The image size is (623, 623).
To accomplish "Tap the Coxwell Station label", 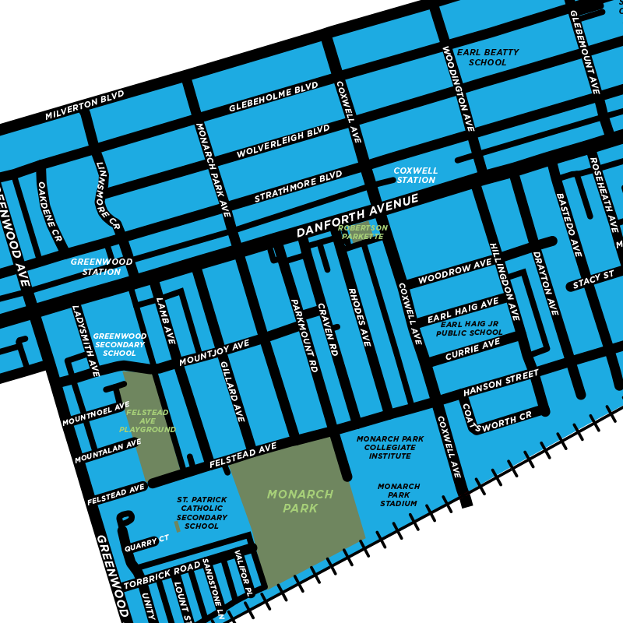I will coord(416,175).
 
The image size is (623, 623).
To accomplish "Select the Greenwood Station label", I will coord(101,267).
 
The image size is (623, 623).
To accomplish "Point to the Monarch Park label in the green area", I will coord(300,502).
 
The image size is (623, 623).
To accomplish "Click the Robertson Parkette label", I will coord(363,232).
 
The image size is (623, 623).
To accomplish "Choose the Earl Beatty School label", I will coord(487,57).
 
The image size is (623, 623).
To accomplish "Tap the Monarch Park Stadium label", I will coord(399,495).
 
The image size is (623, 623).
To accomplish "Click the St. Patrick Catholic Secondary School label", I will coord(202,512).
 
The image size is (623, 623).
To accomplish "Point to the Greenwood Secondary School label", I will coord(119,345).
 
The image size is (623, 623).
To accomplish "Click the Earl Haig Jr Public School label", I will coord(470,329).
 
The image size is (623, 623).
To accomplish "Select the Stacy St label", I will coord(593,280).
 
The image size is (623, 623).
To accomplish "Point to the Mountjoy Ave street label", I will coord(214,353).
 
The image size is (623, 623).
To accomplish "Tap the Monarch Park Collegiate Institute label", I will coord(390,447).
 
